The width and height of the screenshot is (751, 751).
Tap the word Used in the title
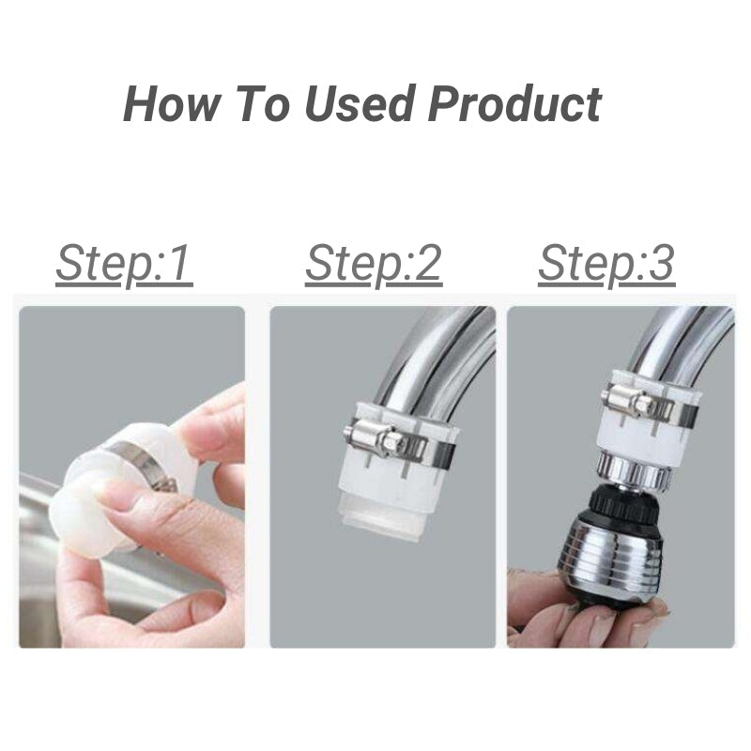point(361,104)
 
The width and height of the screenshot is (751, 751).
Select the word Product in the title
point(514,104)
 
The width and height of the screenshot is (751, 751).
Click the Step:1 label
point(124,265)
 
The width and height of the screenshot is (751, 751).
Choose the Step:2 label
point(373,265)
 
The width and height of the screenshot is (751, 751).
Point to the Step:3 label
point(605,265)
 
